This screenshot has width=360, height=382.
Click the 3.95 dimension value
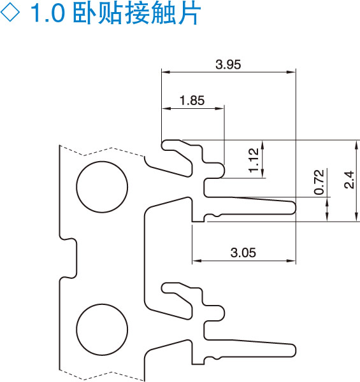pos(228,64)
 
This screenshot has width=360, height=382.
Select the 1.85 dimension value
pos(192,101)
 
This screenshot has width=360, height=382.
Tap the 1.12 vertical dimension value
pos(254,160)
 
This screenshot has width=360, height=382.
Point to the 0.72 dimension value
pos(319,182)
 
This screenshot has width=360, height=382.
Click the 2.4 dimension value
pos(349,180)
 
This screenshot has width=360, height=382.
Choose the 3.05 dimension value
pos(243,252)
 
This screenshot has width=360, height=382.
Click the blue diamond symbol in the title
pos(10,12)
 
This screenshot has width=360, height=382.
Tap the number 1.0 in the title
pos(48,13)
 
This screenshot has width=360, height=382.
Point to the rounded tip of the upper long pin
pos(296,208)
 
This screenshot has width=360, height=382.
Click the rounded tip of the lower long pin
pos(296,351)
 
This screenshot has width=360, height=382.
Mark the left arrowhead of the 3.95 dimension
pos(166,72)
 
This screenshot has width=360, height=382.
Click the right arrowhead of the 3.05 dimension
pos(291,260)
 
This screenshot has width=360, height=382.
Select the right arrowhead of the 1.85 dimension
pos(219,108)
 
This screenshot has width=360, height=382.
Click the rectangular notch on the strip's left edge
pos(68,258)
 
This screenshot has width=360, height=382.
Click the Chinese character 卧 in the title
pos(85,13)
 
